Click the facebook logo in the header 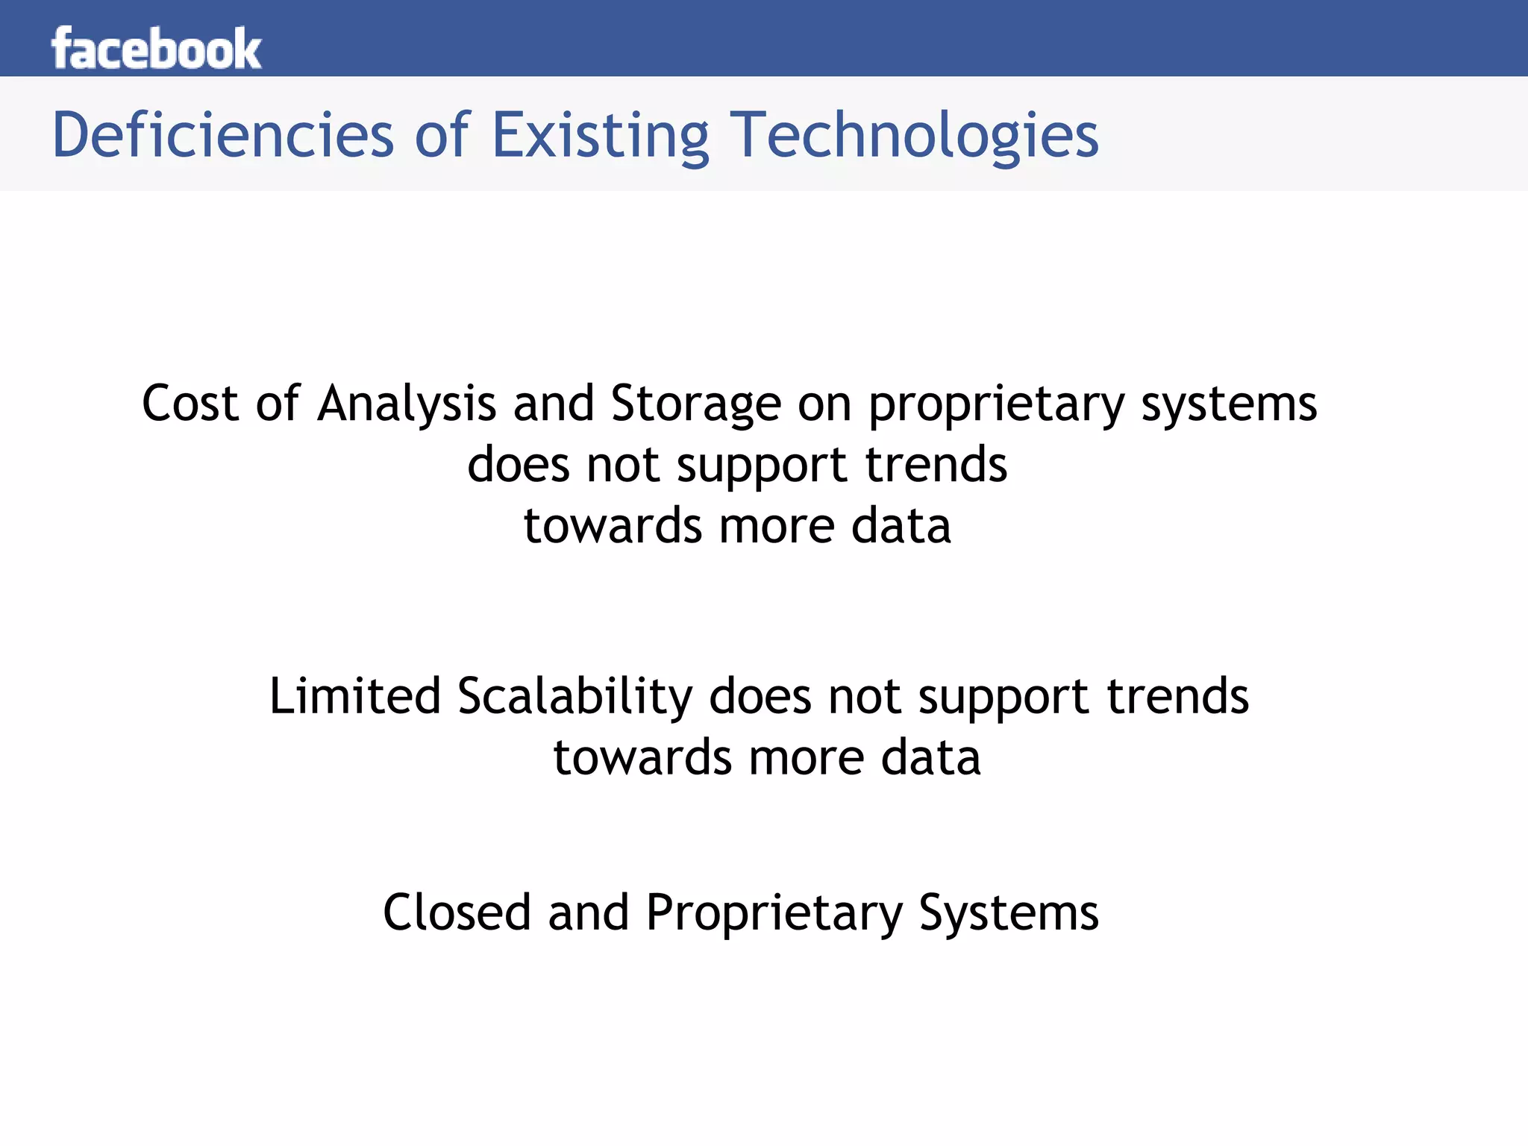(156, 49)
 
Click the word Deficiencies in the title (222, 136)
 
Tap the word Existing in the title (600, 136)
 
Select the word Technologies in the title (913, 136)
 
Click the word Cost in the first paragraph (190, 404)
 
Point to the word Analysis (407, 404)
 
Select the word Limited (354, 696)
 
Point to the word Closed (457, 912)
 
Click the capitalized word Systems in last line (1009, 914)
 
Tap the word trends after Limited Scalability (1177, 696)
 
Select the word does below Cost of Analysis (519, 465)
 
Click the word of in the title (442, 136)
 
